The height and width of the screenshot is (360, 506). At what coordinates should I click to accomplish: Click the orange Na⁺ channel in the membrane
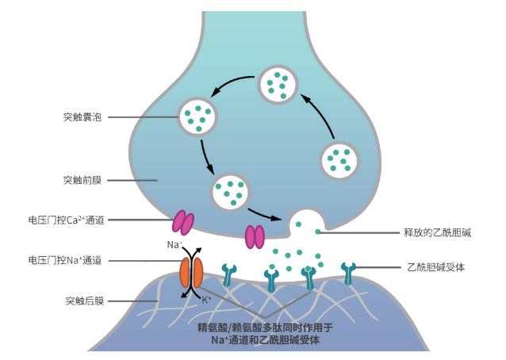pyautogui.click(x=190, y=272)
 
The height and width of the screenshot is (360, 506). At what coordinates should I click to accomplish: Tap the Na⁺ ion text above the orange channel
pyautogui.click(x=174, y=245)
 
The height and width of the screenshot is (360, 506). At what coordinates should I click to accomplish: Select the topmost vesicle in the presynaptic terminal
pyautogui.click(x=278, y=84)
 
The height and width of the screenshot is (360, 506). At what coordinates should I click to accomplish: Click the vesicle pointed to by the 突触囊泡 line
pyautogui.click(x=197, y=117)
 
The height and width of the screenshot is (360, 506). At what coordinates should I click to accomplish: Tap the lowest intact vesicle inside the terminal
pyautogui.click(x=231, y=191)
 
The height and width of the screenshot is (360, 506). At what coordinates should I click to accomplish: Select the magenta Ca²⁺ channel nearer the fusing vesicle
pyautogui.click(x=255, y=236)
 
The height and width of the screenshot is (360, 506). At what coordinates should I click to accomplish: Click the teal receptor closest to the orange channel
pyautogui.click(x=229, y=274)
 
